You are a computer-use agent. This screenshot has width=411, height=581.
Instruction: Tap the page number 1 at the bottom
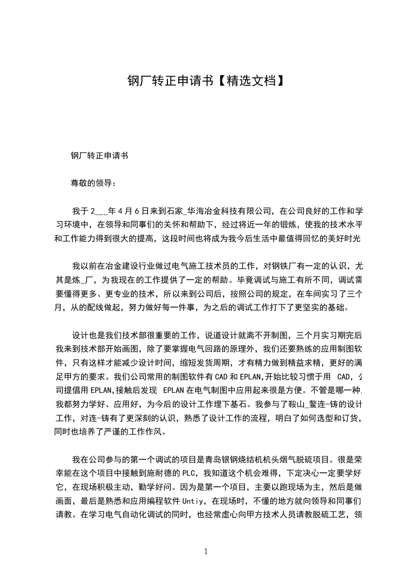206,551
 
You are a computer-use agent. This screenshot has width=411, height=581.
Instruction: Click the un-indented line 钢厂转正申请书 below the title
100,155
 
